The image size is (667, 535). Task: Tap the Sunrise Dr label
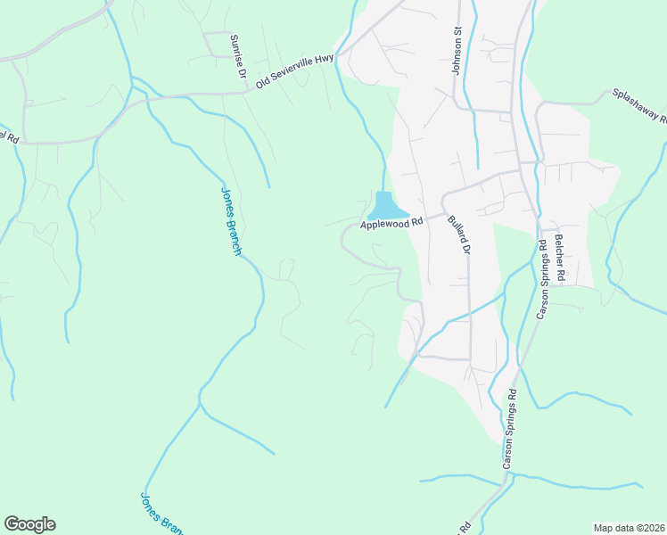point(237,56)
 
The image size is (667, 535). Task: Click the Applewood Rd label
point(391,223)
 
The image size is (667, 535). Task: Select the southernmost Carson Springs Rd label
point(510,429)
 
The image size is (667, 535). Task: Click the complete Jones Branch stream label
point(231,221)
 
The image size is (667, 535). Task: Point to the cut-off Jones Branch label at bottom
point(161,514)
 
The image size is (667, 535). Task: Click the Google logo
point(29,524)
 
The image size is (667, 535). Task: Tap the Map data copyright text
point(629,527)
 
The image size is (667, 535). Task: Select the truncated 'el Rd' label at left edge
point(9,137)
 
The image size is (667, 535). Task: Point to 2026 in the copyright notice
point(652,527)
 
